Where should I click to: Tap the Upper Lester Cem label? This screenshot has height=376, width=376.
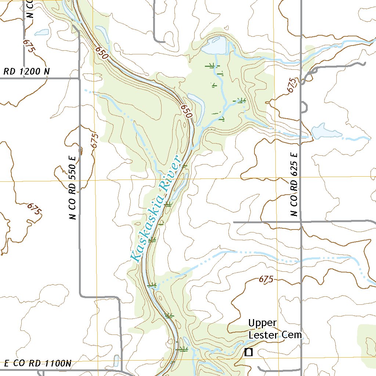click(x=275, y=329)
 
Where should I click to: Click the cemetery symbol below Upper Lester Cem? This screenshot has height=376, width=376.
click(x=249, y=352)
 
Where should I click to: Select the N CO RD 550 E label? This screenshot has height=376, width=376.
click(x=73, y=188)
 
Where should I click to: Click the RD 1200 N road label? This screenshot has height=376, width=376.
click(x=26, y=72)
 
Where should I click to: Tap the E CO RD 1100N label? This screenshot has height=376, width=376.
click(x=37, y=364)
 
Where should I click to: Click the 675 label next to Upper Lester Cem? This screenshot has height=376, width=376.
click(x=266, y=279)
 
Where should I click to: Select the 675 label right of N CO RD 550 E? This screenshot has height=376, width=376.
click(x=95, y=140)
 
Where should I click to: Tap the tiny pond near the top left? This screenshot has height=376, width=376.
click(x=41, y=32)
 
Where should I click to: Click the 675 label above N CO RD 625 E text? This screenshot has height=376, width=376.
click(x=292, y=85)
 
